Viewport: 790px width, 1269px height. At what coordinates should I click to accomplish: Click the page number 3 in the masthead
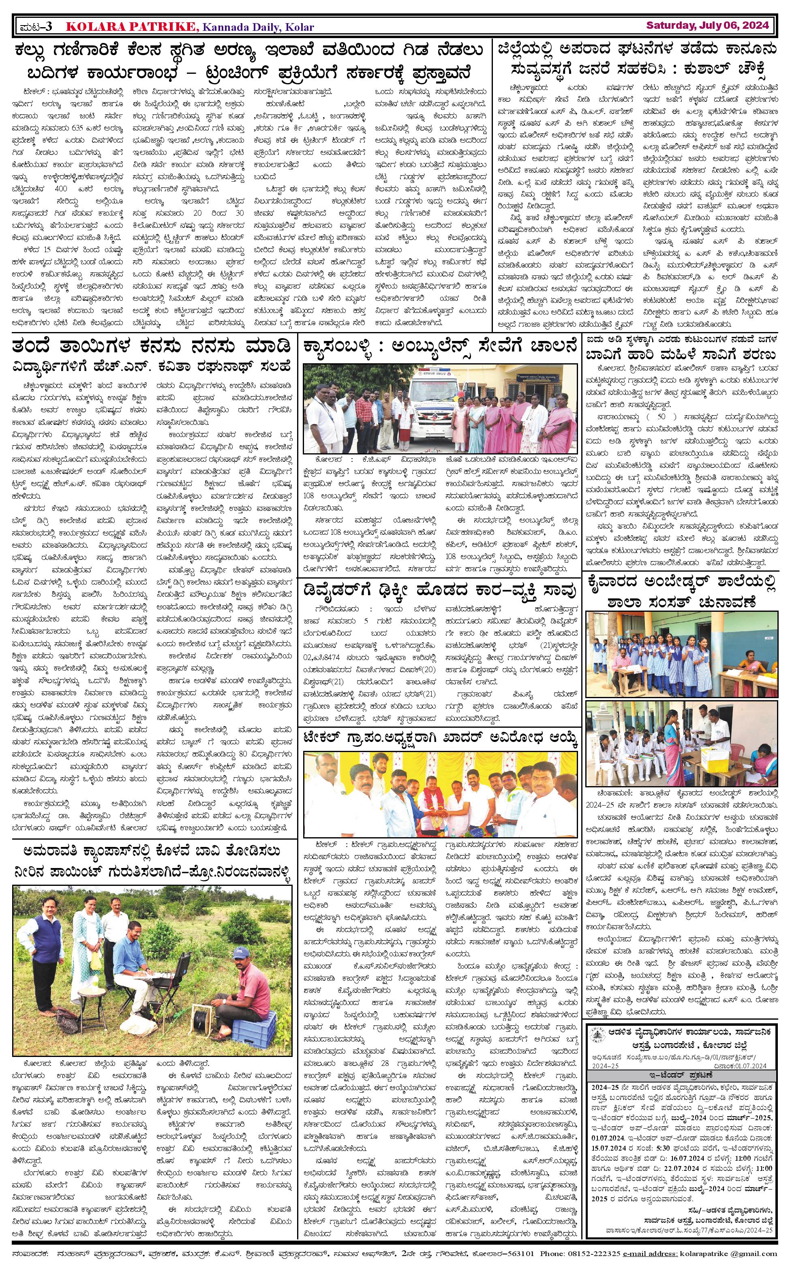[48, 26]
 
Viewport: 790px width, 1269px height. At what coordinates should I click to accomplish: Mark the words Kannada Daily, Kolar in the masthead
[258, 27]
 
